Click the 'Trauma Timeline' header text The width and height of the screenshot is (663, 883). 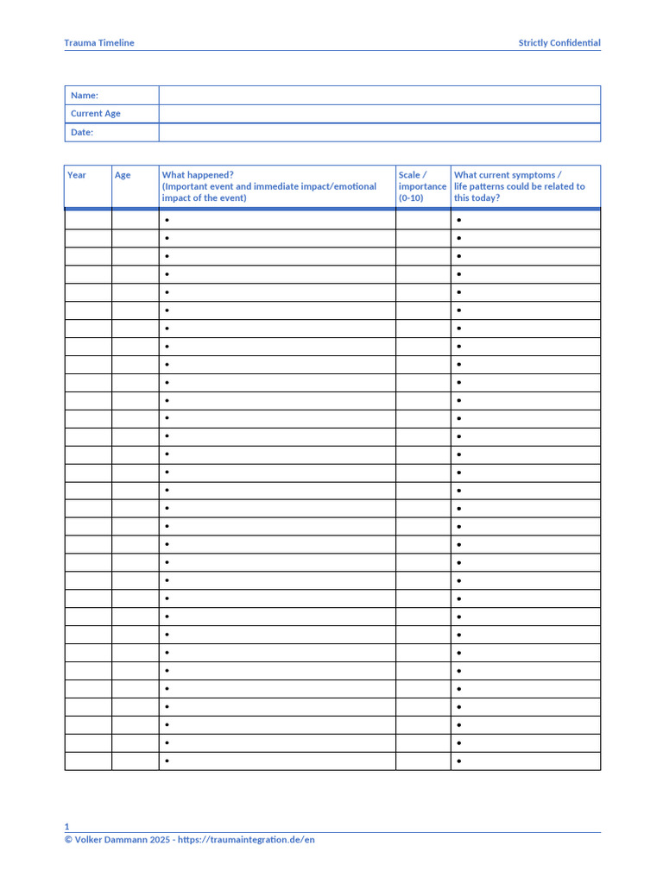[99, 43]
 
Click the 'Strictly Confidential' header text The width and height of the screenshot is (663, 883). [559, 43]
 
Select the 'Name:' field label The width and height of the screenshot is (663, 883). [85, 96]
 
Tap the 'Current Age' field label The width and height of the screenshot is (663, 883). [95, 114]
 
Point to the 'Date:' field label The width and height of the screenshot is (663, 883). [82, 133]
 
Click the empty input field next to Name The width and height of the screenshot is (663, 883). [379, 96]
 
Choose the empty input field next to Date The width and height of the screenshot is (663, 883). [379, 133]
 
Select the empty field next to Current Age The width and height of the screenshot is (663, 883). [379, 114]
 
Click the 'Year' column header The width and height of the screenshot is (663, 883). [77, 175]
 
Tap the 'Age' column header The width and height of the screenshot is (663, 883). [123, 175]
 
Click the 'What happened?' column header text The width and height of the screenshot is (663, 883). [198, 175]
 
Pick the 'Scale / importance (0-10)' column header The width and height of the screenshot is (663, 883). [422, 186]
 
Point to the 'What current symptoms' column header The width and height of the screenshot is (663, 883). [507, 175]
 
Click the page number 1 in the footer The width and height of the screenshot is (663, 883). [66, 826]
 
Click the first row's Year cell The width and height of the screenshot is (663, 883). [88, 221]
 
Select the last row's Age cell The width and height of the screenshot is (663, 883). [135, 761]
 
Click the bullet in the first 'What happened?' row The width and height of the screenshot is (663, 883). [167, 221]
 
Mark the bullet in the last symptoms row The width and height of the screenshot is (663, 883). [459, 761]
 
